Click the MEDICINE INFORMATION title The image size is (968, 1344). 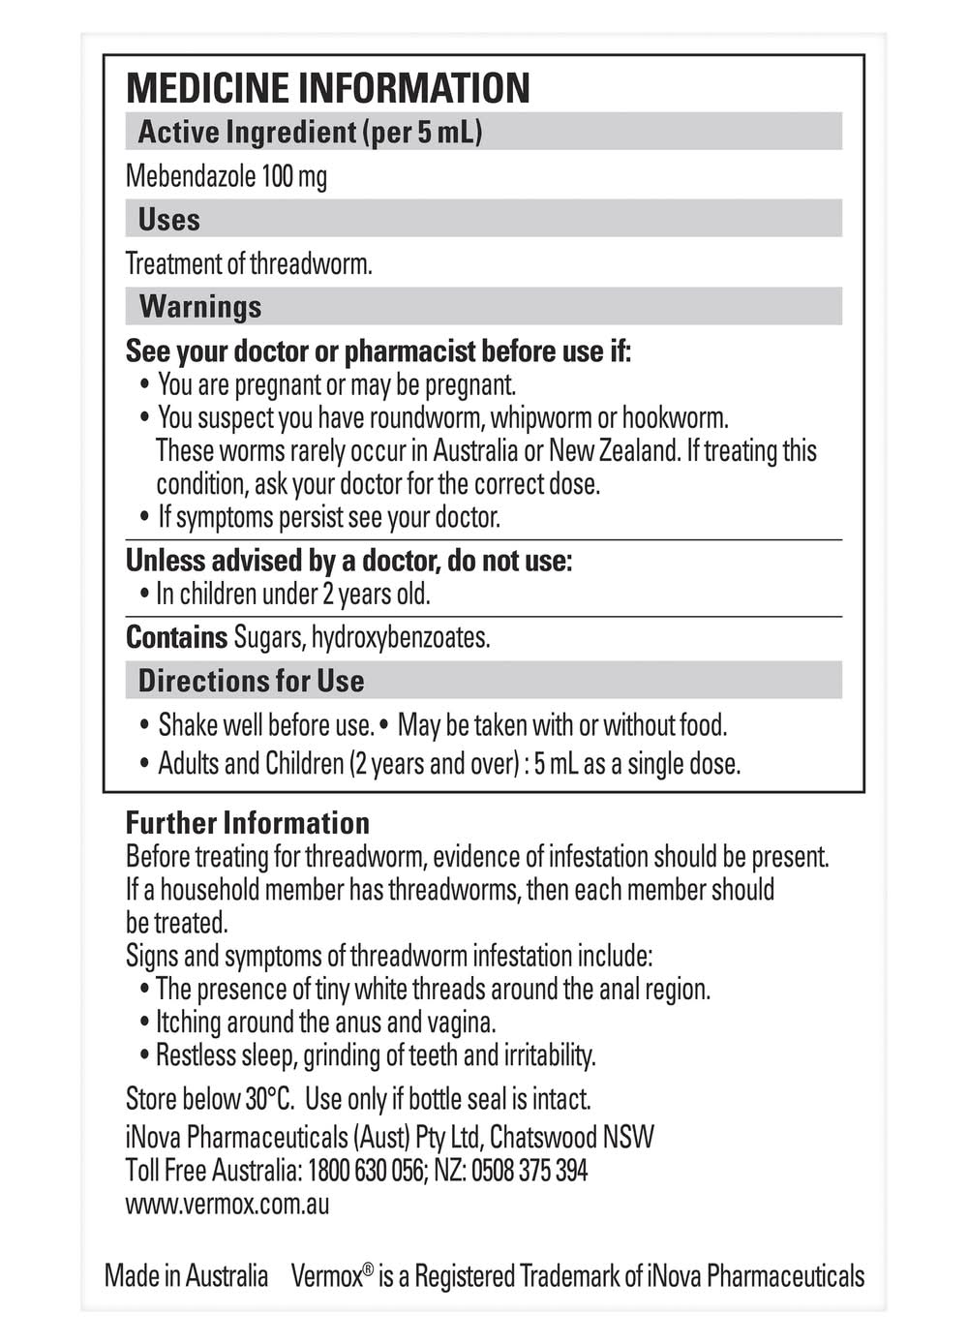328,88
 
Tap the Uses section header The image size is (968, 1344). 169,220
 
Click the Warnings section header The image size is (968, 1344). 200,307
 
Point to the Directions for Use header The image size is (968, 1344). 251,681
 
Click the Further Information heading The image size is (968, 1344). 248,823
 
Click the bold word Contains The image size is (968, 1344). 176,637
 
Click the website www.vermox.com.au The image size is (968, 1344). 227,1205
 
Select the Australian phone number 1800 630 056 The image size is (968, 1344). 365,1171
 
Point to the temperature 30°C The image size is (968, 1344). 269,1099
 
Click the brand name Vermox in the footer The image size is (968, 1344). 327,1276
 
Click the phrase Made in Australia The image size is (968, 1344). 186,1276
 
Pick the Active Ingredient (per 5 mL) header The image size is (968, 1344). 310,133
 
